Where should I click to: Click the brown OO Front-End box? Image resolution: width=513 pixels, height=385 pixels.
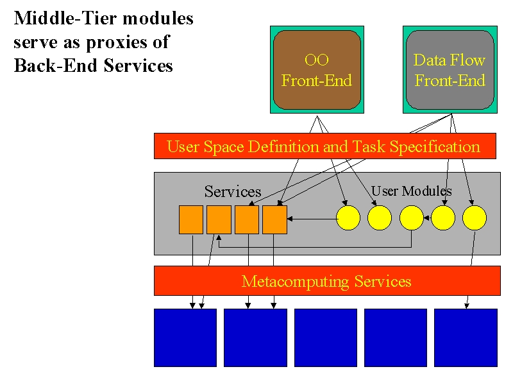tap(317, 70)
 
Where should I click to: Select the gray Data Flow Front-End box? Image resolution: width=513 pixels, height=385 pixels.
tap(450, 70)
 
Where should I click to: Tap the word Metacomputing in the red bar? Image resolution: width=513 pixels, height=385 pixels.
tap(296, 281)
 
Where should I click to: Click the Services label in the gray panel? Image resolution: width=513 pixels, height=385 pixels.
tap(233, 191)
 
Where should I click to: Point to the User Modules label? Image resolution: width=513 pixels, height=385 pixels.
tap(411, 191)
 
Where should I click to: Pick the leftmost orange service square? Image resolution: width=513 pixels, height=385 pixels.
tap(191, 219)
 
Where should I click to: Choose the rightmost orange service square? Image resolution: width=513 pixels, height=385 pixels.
tap(275, 219)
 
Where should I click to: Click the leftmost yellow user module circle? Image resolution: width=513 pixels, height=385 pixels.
tap(348, 218)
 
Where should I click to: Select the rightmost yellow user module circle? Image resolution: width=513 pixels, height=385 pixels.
tap(475, 218)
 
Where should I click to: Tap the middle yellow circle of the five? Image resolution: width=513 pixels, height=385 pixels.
tap(412, 218)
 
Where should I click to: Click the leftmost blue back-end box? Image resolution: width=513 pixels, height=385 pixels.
tap(185, 338)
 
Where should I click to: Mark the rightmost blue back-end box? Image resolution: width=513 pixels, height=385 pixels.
tap(466, 338)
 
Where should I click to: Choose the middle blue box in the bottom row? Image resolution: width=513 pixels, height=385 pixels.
tap(326, 338)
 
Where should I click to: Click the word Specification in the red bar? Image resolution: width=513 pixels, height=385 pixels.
tap(435, 147)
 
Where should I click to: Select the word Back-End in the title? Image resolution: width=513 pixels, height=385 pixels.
tap(56, 65)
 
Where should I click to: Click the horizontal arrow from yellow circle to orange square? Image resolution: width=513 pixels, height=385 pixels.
tap(312, 219)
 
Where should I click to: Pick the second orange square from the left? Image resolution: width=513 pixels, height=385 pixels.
tap(219, 219)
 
